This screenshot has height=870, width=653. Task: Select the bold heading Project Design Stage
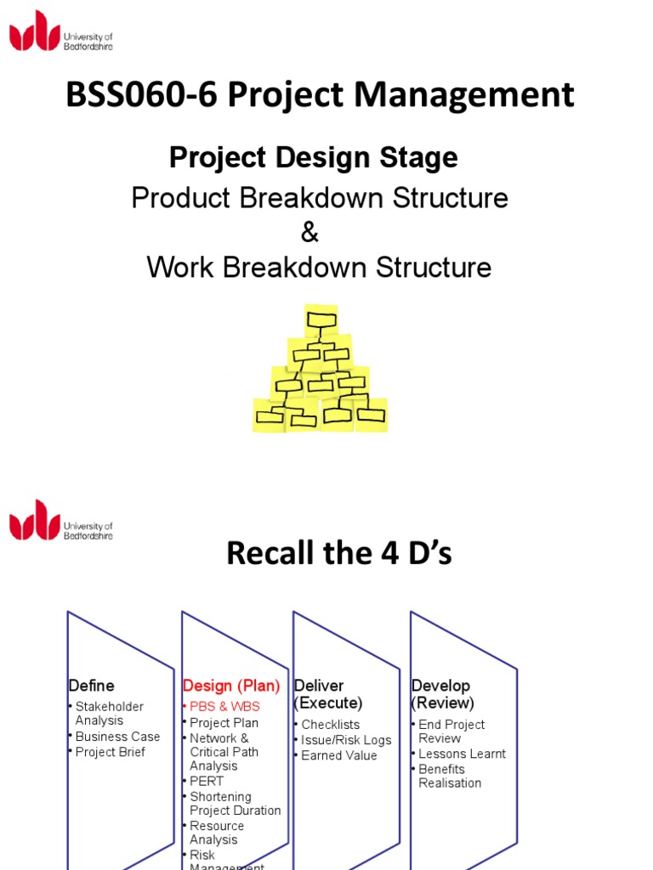313,157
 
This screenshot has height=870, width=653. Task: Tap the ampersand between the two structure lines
309,233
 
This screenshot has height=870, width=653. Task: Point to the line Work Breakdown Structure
319,268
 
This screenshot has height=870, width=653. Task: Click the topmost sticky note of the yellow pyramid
321,320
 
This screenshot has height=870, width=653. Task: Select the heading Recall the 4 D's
338,554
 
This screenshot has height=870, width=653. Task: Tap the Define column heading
91,686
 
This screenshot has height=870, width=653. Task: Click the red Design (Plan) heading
231,686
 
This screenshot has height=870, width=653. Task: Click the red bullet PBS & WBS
224,707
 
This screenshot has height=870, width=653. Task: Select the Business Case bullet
117,737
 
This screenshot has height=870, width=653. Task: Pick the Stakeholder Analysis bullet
109,714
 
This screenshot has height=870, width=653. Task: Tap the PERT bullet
207,781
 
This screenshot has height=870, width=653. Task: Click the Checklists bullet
330,725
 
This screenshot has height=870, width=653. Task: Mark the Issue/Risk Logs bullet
346,740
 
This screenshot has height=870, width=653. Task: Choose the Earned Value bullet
338,755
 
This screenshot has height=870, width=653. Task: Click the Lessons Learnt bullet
462,754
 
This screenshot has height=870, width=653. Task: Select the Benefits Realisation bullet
450,776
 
